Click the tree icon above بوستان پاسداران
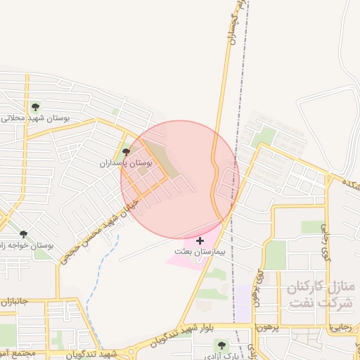tap(127, 151)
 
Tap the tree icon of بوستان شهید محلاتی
tap(35, 107)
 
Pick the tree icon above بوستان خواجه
tap(23, 234)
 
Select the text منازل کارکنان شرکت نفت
tap(321, 295)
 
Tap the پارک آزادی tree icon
tap(222, 345)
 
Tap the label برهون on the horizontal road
tap(266, 328)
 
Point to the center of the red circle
tap(180, 180)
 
